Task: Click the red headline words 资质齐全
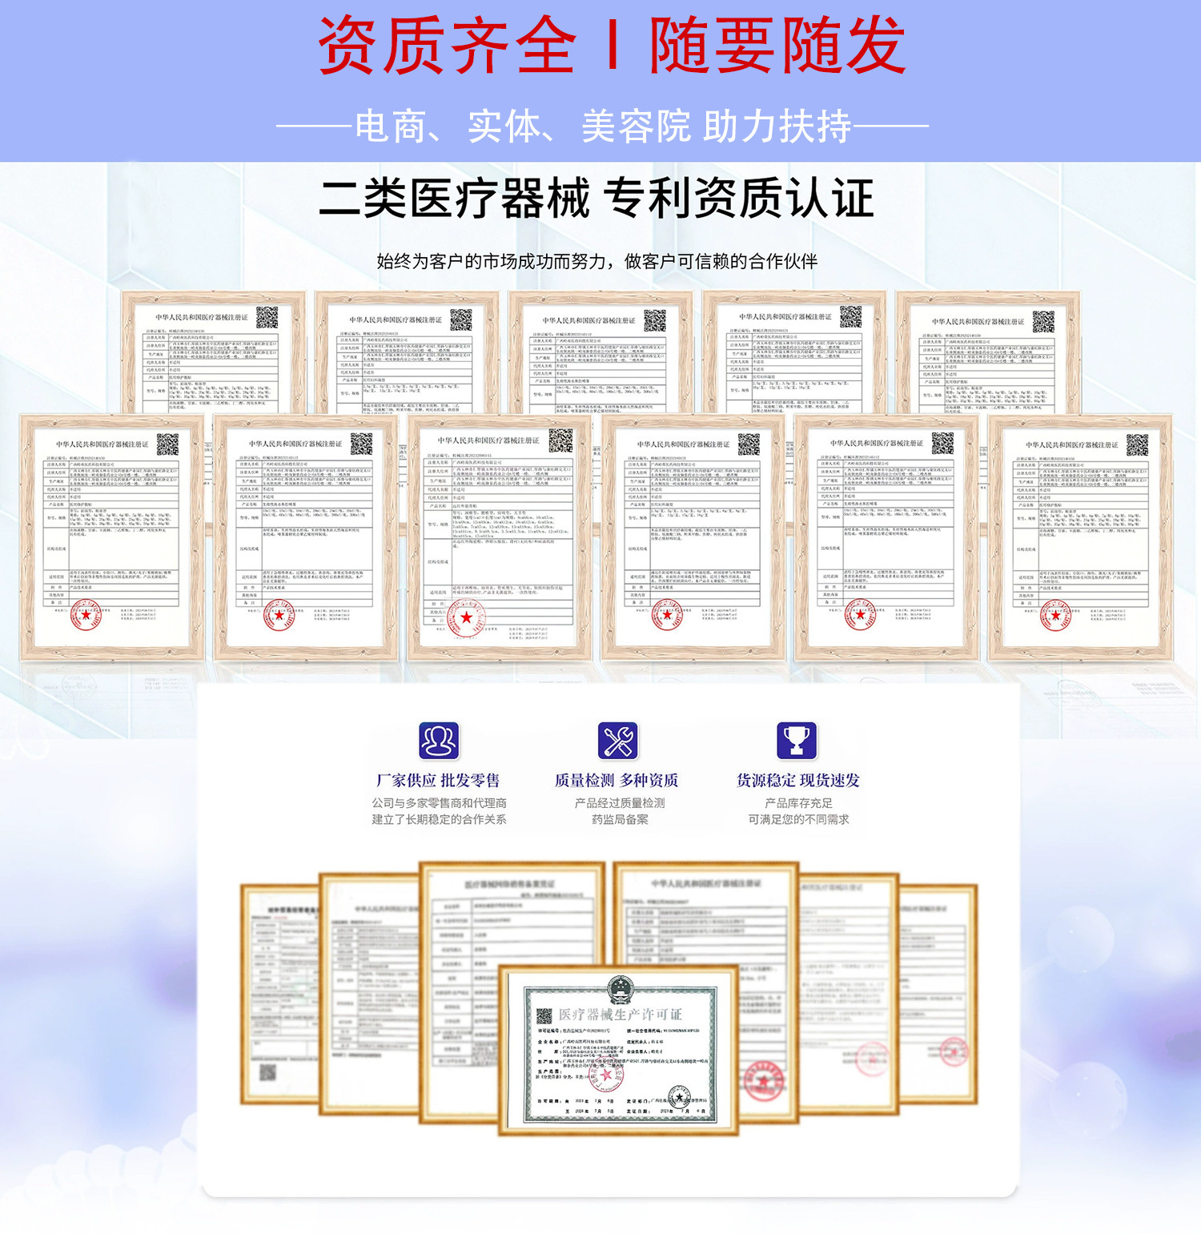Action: pos(446,46)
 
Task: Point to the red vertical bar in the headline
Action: pos(613,46)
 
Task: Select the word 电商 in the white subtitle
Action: pos(390,127)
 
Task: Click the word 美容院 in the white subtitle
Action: pos(636,127)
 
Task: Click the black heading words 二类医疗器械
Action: pos(454,199)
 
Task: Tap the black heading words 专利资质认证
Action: pos(738,199)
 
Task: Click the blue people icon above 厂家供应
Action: pos(439,741)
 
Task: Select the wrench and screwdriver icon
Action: pos(618,741)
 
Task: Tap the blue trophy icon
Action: pos(797,741)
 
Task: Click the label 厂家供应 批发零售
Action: pos(438,780)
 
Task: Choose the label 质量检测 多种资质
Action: pos(617,780)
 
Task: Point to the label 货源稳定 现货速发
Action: pos(798,780)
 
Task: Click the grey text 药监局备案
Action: pos(620,819)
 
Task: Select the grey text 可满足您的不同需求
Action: pos(798,819)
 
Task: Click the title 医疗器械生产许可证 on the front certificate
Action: pos(621,1014)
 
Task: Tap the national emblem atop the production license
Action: pos(620,991)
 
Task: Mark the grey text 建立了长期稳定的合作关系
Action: pos(439,819)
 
